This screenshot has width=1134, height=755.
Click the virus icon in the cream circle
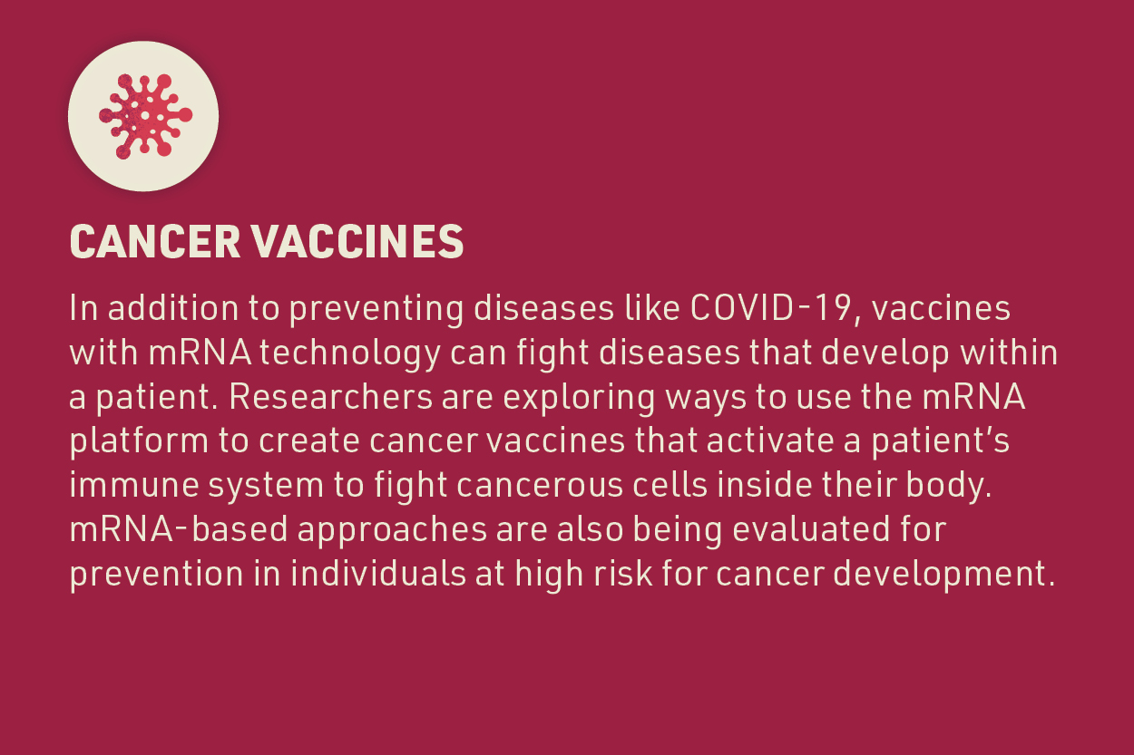pos(143,115)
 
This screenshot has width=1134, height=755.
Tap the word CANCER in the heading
pos(153,243)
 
